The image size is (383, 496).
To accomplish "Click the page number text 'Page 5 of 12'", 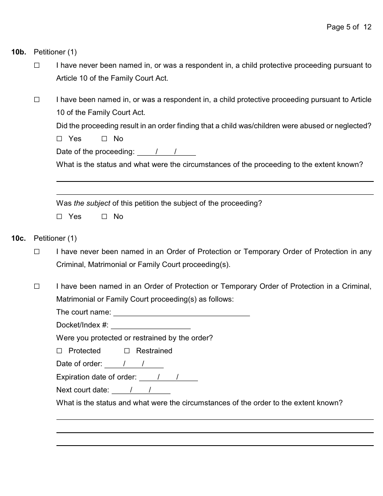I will point(349,27).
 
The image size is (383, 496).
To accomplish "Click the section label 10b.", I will point(19,52).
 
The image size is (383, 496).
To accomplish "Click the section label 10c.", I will point(19,238).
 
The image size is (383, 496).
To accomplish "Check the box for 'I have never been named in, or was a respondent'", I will point(37,65).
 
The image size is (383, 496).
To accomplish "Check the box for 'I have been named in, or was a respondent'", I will point(37,100).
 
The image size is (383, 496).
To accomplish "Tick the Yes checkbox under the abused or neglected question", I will point(60,139).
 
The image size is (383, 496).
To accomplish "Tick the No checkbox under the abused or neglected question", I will point(104,139).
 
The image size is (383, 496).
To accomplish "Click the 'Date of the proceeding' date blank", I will point(166,152).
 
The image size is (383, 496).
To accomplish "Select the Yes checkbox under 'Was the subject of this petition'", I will point(60,217).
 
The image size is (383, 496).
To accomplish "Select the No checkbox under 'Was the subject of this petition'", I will point(104,217).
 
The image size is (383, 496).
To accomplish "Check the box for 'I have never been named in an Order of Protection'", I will point(37,252).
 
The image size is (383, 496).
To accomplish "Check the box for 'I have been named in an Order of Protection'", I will point(37,286).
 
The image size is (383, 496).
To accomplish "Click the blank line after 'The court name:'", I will point(181,313).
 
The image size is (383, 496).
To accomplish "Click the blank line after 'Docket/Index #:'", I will point(150,325).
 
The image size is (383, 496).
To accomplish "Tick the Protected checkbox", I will point(60,351).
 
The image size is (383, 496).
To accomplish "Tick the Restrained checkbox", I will point(127,351).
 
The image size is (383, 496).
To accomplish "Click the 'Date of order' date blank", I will point(134,364).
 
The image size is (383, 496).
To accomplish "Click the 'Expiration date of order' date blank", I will point(168,377).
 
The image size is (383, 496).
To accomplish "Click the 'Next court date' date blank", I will point(141,390).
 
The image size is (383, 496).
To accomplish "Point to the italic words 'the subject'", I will point(92,203).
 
